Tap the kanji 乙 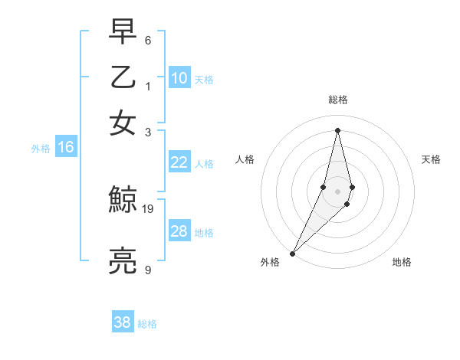[123, 77]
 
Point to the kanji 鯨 [123, 201]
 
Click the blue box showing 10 [179, 78]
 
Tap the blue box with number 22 [179, 162]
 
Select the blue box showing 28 [179, 231]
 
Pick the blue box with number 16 [65, 147]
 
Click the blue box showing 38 [123, 322]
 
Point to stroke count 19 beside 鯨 [149, 208]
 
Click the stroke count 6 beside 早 [148, 39]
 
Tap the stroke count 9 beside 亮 [148, 270]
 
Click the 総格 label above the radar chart [338, 100]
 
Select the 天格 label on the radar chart [432, 159]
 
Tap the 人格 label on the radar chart [245, 159]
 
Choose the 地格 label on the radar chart [402, 263]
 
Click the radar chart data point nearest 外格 [293, 253]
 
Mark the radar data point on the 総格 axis [338, 129]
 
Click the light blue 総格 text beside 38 [147, 324]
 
